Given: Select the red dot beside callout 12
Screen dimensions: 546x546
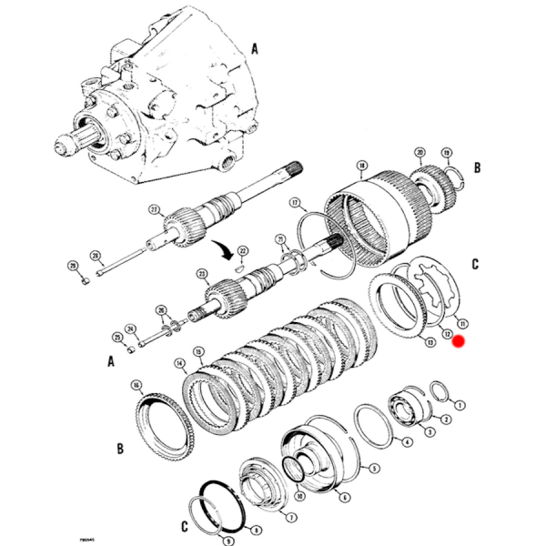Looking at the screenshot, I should (459, 341).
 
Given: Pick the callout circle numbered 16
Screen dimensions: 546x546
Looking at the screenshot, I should (136, 386).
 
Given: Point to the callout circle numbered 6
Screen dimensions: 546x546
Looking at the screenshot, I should (344, 498).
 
